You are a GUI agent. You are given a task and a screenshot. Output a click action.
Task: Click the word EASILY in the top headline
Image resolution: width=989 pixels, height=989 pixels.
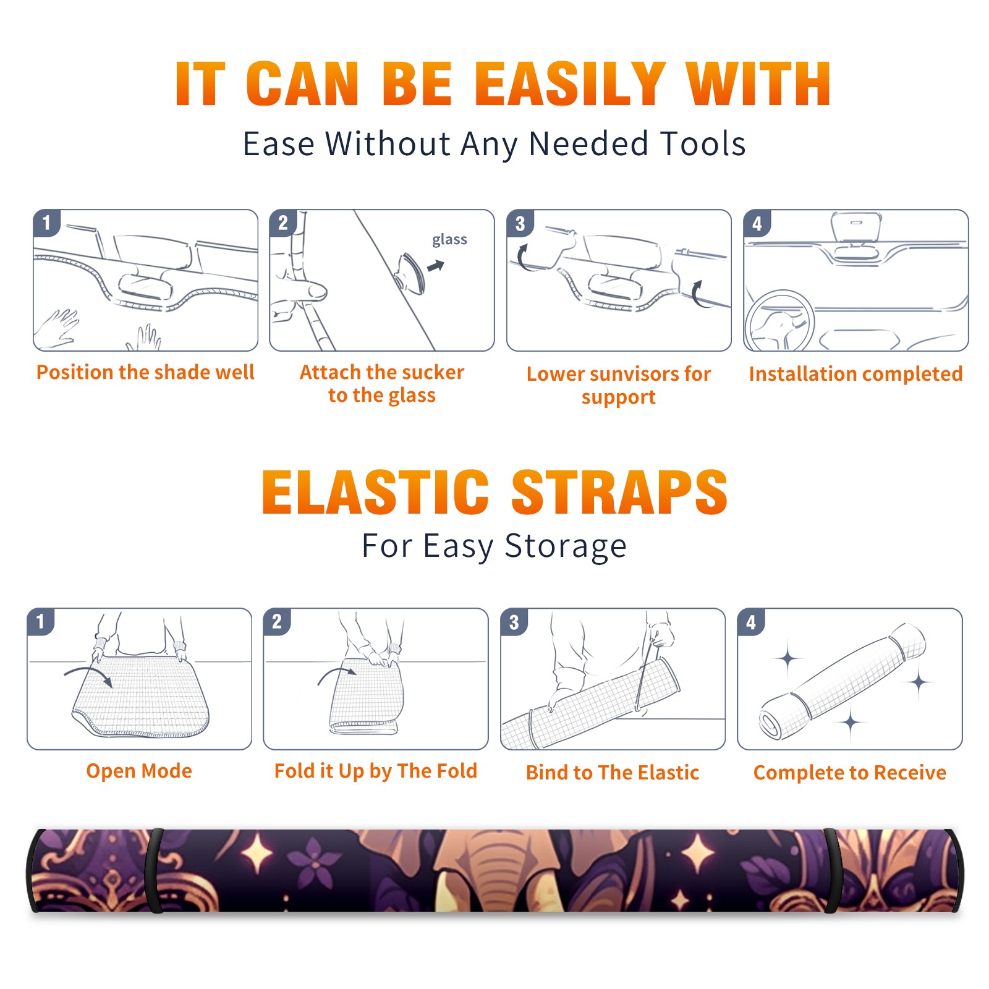pos(571,84)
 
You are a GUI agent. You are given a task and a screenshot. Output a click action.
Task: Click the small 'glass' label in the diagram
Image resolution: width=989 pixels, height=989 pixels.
pos(449,240)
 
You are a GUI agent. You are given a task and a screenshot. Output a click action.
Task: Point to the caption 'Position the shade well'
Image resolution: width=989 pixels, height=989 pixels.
pos(145,372)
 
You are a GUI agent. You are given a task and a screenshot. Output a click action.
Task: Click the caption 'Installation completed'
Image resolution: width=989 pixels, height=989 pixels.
pos(855,373)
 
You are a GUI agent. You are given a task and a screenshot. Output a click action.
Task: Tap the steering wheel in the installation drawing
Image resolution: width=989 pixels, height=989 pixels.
pos(780,321)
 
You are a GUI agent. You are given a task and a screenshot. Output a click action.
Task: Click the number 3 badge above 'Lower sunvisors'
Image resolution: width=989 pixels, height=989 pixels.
pos(519,223)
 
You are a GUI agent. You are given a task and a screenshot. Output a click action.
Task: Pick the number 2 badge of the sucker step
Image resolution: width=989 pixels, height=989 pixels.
pos(282,223)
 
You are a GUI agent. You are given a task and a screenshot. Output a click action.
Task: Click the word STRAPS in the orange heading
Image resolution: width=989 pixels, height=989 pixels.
pos(619,492)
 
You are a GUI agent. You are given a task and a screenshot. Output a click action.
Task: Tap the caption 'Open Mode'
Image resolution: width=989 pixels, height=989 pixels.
pos(139,771)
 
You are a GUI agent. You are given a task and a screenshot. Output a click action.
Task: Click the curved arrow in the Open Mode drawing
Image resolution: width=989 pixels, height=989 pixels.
pos(88,673)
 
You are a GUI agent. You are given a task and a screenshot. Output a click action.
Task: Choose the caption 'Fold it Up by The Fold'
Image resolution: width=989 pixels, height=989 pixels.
pos(376,771)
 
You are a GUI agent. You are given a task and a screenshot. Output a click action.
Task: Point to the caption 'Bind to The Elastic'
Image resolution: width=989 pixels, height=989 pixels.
pos(613,772)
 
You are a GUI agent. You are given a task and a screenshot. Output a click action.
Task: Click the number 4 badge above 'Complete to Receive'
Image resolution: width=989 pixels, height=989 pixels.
pos(751,622)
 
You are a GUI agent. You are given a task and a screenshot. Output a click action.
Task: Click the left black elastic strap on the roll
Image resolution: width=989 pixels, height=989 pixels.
pos(155,870)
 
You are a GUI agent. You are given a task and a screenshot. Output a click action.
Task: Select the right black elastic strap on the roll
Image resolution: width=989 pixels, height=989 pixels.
pos(832,870)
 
